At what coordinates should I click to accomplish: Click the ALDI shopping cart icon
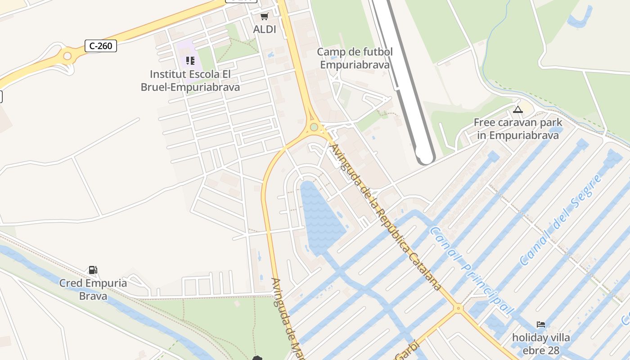point(264,17)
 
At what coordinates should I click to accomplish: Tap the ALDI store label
point(265,29)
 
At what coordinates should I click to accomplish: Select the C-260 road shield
point(101,45)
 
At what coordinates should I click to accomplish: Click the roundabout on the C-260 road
point(67,56)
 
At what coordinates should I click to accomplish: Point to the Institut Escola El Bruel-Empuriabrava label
point(190,81)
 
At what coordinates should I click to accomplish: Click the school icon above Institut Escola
point(190,60)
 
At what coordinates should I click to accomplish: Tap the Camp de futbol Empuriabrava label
point(355,58)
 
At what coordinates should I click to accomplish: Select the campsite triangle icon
point(518,109)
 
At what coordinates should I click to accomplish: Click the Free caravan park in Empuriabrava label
point(518,129)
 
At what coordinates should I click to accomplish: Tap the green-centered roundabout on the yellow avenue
point(314,127)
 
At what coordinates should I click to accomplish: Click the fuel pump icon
point(93,270)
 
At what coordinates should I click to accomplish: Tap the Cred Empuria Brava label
point(93,289)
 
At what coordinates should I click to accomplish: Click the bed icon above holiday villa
point(541,324)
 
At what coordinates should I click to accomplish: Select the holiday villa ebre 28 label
point(541,344)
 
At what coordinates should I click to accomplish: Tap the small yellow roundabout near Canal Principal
point(458,308)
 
